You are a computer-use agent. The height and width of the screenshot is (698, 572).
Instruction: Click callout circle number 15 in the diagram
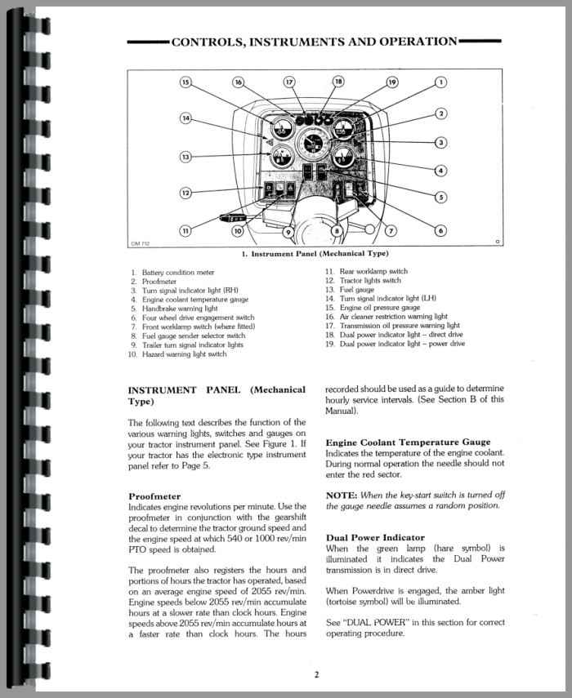(185, 82)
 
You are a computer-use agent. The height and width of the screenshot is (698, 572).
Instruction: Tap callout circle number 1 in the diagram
(440, 82)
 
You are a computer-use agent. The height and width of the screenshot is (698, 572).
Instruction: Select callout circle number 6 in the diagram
(440, 231)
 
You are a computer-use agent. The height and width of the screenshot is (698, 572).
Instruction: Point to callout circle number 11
(185, 231)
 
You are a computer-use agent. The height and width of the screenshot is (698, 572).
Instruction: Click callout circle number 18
(338, 82)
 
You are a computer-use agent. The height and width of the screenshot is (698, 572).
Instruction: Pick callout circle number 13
(185, 157)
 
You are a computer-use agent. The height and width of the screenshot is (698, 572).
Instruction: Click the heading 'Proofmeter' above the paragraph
(154, 496)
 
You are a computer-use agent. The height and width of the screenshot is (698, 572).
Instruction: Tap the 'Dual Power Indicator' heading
(375, 537)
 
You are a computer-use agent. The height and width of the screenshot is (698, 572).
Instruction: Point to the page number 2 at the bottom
(315, 674)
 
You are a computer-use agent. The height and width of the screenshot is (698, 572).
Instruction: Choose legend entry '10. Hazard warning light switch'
(176, 354)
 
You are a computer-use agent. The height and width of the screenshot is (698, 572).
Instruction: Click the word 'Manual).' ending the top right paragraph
(346, 411)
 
